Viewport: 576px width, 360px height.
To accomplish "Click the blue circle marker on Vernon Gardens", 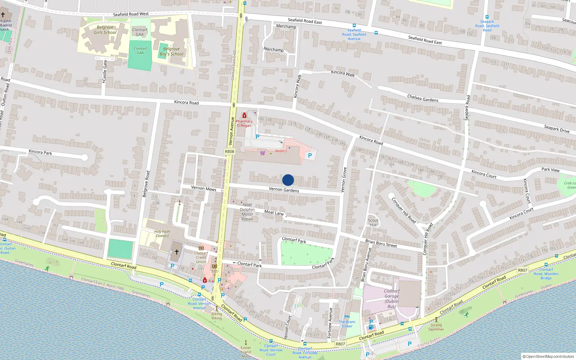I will coord(288,180).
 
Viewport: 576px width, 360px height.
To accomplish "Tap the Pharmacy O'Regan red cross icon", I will coord(244,116).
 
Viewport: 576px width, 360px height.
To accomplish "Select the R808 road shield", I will coord(229,152).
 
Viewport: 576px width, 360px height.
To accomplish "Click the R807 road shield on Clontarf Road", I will coord(340,344).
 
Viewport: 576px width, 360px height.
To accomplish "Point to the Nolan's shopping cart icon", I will coord(262,153).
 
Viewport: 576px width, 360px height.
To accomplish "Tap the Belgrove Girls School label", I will coord(105,30).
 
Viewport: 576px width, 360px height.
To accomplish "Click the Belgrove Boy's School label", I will coord(171,51).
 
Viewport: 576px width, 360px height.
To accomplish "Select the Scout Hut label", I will coord(373,223).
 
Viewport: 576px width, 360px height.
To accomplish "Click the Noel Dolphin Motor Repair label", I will coord(247,212).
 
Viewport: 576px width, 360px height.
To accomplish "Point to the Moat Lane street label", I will coord(274,212).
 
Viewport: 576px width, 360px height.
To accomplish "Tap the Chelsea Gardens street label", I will coord(423,98).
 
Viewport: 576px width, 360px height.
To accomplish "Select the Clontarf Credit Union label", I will coord(201,257).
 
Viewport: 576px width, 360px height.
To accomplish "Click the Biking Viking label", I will coord(216,316).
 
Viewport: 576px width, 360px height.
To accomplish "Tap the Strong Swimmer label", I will coord(436,327).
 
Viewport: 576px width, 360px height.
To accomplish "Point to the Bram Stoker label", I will coord(347,324).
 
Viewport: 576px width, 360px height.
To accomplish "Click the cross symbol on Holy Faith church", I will coord(177,252).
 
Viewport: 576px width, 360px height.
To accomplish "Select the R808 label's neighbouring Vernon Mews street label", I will coord(203,188).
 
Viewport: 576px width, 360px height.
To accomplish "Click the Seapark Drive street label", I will coord(557,129).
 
